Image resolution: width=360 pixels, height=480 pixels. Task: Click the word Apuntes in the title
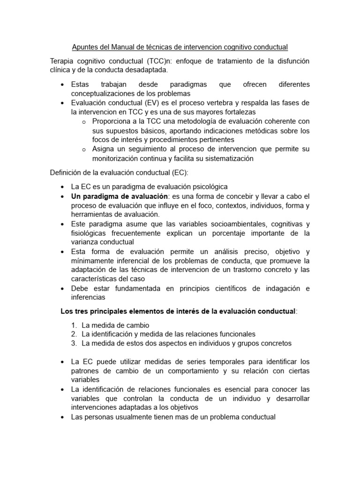click(x=85, y=47)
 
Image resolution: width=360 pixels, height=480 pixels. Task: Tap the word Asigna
click(x=104, y=149)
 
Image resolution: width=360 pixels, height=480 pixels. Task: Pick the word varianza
click(x=85, y=242)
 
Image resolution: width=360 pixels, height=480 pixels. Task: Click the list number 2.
click(x=74, y=334)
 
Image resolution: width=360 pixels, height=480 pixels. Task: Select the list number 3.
click(x=74, y=343)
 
